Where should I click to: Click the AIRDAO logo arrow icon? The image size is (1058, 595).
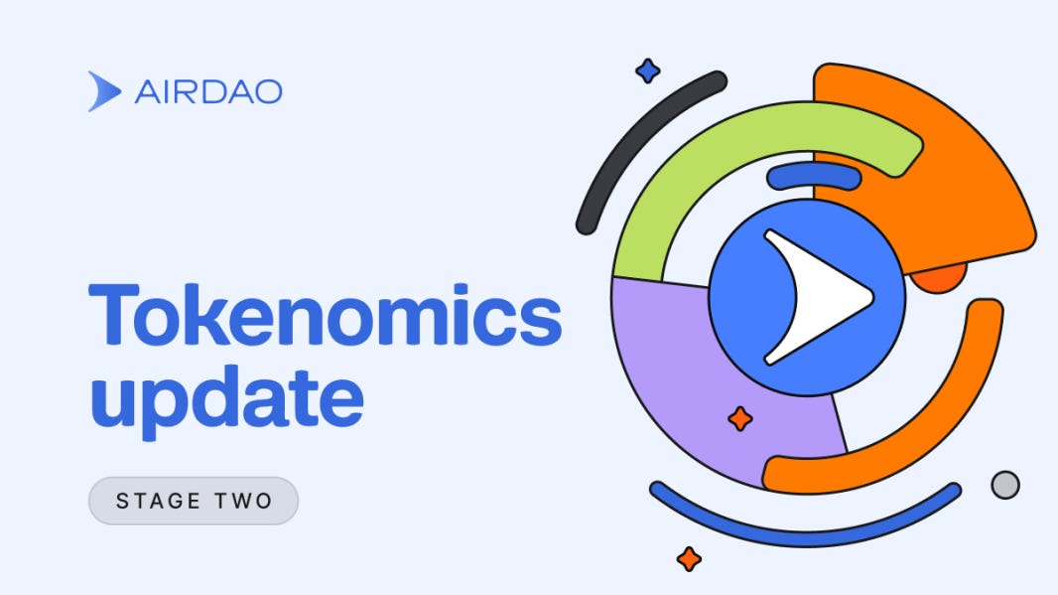coord(104,91)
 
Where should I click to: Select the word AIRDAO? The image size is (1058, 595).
coord(207,92)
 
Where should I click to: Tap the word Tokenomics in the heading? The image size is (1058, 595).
coord(325,314)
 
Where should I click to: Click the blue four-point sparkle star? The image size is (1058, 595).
coord(648,71)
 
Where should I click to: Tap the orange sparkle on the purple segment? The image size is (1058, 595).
coord(739,419)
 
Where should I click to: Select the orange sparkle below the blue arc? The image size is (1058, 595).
coord(689,559)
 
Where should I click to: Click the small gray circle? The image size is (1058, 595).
coord(1005,485)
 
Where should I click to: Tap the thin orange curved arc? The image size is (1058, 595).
coord(943,417)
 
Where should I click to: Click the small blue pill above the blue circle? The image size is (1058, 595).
coord(814,177)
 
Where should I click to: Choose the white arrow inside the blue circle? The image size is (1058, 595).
coord(819,296)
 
